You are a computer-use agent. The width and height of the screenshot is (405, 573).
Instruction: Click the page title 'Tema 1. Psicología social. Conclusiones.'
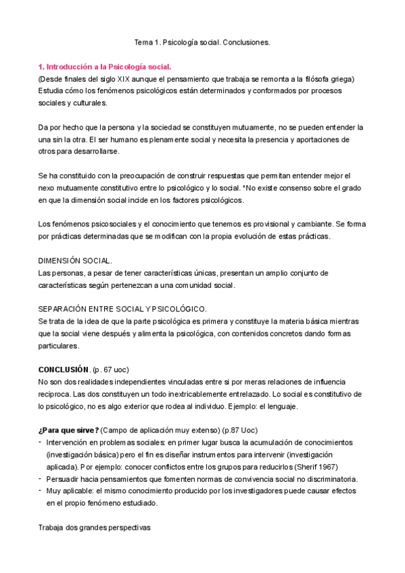(202, 42)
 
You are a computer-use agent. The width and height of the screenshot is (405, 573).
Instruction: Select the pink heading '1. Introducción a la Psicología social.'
(105, 67)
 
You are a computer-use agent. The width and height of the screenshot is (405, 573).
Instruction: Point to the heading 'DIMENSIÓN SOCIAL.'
(75, 261)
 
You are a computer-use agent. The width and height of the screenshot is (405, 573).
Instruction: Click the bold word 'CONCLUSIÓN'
(64, 369)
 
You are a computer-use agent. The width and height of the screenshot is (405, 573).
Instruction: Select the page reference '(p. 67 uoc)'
(111, 369)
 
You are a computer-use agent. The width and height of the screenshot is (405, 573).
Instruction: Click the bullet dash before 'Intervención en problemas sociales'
(40, 443)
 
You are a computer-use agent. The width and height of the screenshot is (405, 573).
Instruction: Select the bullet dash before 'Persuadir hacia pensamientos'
(40, 479)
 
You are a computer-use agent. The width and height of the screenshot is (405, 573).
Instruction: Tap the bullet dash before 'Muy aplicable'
(40, 491)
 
